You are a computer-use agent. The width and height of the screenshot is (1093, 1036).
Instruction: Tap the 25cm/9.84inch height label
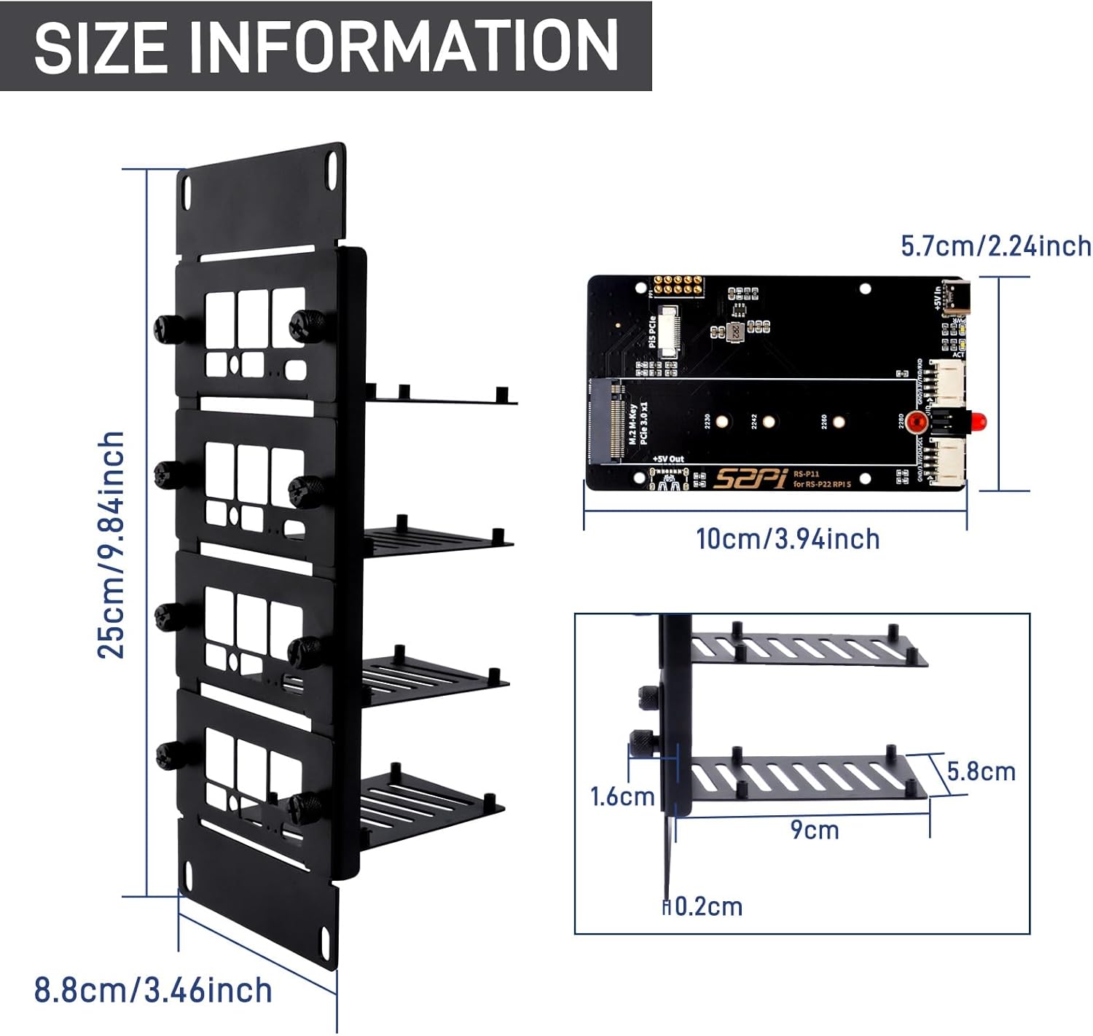[x=111, y=544]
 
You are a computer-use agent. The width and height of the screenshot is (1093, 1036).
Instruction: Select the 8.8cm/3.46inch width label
[x=153, y=990]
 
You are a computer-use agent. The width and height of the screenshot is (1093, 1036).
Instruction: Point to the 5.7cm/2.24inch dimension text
[x=996, y=246]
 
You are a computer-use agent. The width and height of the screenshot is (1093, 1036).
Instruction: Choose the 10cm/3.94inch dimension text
[x=788, y=539]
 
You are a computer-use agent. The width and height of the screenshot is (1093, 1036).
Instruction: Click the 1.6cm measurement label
[x=622, y=796]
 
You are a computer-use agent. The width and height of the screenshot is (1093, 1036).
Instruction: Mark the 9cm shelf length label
[x=815, y=830]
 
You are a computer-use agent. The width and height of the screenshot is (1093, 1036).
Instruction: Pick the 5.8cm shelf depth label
[x=981, y=771]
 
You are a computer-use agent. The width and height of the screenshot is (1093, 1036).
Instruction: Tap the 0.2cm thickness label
[x=707, y=906]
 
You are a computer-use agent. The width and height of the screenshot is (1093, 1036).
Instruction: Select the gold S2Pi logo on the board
[x=749, y=478]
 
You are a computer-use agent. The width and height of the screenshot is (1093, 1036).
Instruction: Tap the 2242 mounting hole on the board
[x=768, y=421]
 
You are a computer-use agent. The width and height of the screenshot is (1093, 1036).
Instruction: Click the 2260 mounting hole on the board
[x=839, y=421]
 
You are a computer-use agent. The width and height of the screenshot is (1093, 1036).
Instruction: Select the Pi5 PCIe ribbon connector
[x=668, y=335]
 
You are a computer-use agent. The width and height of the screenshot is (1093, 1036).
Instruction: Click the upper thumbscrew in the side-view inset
[x=646, y=695]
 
